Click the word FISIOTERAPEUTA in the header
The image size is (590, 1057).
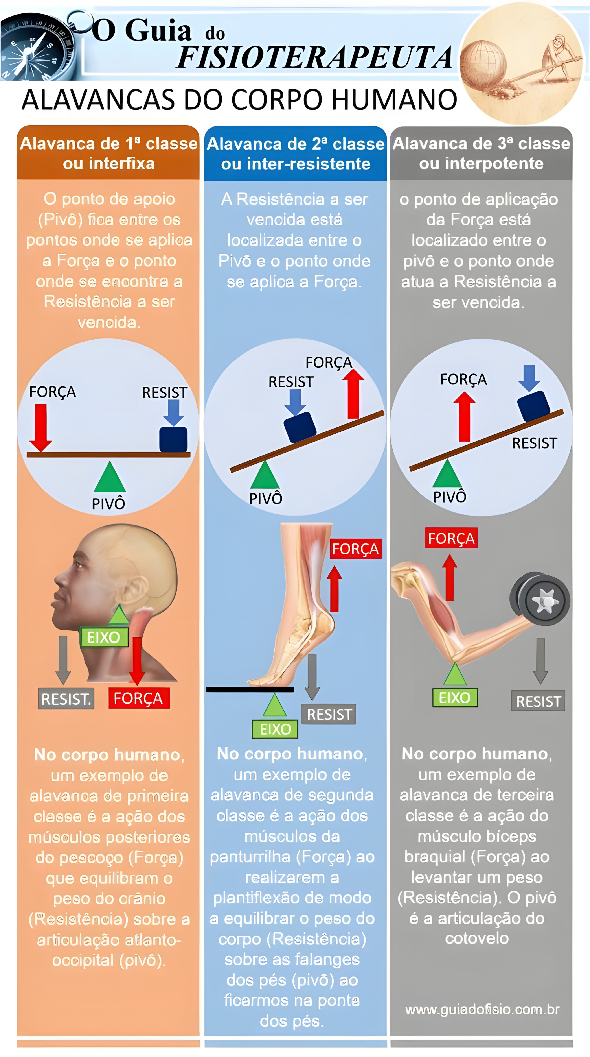[315, 57]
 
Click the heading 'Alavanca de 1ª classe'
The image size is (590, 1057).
[109, 144]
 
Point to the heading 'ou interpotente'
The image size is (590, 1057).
[481, 163]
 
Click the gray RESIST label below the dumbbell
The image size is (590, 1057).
[538, 701]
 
